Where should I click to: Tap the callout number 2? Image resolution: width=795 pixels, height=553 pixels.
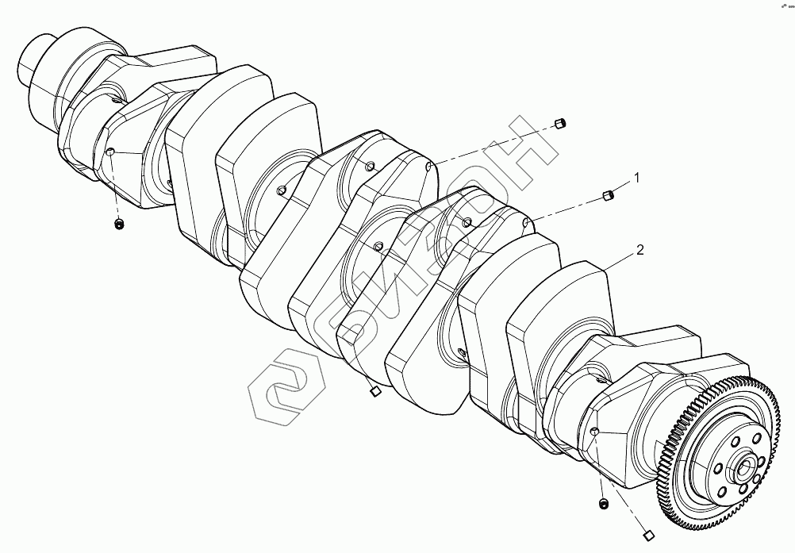coord(639,251)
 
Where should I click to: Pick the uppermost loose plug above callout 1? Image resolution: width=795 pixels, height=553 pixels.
coord(560,123)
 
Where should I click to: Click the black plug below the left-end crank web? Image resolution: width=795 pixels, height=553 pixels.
coord(119,225)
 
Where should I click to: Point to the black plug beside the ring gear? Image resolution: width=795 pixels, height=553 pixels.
coord(604,504)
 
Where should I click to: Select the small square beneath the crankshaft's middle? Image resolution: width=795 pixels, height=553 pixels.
coord(375,390)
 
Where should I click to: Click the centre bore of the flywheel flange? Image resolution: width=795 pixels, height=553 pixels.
coord(745,470)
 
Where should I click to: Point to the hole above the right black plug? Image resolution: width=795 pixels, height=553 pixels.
coord(594,430)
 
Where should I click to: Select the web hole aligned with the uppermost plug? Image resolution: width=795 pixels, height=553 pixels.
coord(428,167)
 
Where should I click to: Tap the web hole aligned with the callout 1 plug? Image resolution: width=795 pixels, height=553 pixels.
coord(527,223)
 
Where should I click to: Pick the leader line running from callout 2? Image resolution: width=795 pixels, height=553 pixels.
coord(620,263)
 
